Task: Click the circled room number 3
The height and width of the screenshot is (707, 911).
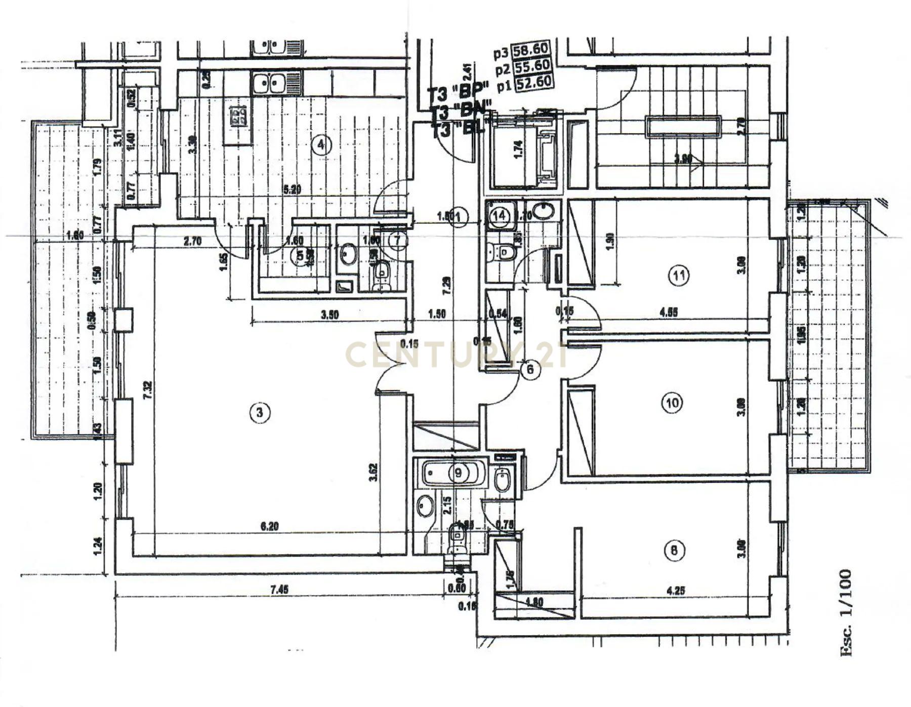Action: pyautogui.click(x=260, y=412)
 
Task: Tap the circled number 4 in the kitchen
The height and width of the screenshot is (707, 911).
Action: pyautogui.click(x=321, y=145)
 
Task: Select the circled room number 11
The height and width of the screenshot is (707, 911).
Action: pyautogui.click(x=679, y=276)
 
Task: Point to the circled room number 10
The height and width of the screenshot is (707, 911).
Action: pyautogui.click(x=672, y=403)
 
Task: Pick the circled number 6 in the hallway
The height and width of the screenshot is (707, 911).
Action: pyautogui.click(x=530, y=369)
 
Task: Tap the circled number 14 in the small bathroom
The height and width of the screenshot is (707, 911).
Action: pyautogui.click(x=500, y=215)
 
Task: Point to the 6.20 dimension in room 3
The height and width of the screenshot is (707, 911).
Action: pyautogui.click(x=269, y=527)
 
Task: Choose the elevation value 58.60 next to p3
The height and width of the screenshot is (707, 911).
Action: pyautogui.click(x=530, y=50)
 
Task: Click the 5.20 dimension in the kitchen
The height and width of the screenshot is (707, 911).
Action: pyautogui.click(x=292, y=190)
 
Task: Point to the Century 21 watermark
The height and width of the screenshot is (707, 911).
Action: pyautogui.click(x=455, y=355)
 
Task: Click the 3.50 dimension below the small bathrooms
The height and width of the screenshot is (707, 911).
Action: pyautogui.click(x=329, y=315)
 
